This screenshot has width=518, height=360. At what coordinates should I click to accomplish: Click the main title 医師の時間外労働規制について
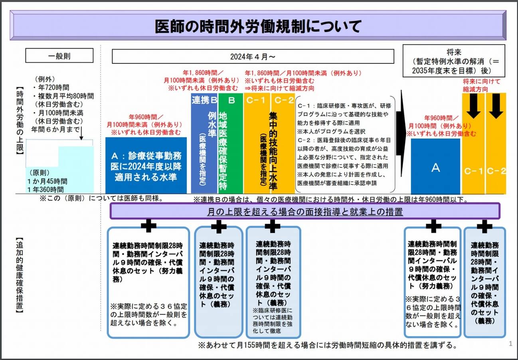coord(258,26)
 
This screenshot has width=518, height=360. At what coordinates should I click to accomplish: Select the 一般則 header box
coord(59,55)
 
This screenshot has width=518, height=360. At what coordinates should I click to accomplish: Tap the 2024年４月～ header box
coord(253,56)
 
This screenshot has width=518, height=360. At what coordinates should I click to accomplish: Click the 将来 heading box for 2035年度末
coord(454,61)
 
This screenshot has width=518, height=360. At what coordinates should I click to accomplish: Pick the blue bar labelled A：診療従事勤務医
coord(146,166)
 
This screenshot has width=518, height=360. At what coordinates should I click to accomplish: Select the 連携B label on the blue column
coord(204,100)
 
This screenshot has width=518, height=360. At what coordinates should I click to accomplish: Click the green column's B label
coord(231,100)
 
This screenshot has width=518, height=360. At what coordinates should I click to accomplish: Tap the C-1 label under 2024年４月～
coord(255,100)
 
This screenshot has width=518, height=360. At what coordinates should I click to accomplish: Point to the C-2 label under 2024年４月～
coord(284,100)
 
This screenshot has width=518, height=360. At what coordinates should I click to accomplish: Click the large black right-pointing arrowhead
coord(401,133)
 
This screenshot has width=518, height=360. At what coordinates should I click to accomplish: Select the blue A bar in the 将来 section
coord(435,166)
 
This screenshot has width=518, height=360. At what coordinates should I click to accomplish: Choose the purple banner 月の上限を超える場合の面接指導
coord(305,211)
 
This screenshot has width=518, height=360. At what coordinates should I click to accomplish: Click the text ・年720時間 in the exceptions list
coord(51,87)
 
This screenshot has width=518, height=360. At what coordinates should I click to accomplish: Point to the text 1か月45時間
coord(47,181)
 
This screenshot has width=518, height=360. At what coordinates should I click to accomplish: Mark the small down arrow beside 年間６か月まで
coord(81,133)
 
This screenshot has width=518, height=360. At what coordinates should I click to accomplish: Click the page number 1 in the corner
coord(510,344)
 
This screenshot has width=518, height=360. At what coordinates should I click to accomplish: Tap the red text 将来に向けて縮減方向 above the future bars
coord(481,85)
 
